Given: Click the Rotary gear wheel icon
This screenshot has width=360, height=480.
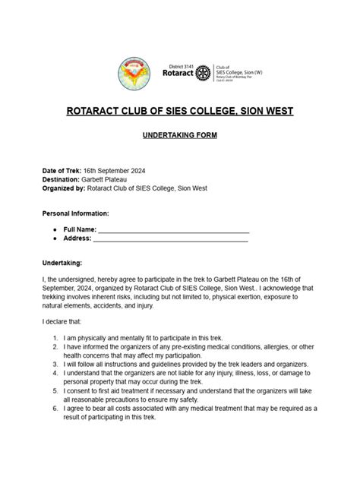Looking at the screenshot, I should click(203, 74).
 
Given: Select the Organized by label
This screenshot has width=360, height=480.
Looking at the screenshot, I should click(63, 188).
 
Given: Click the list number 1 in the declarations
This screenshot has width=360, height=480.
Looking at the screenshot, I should click(55, 337).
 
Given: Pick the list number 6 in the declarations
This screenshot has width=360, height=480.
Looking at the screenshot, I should click(55, 409).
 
